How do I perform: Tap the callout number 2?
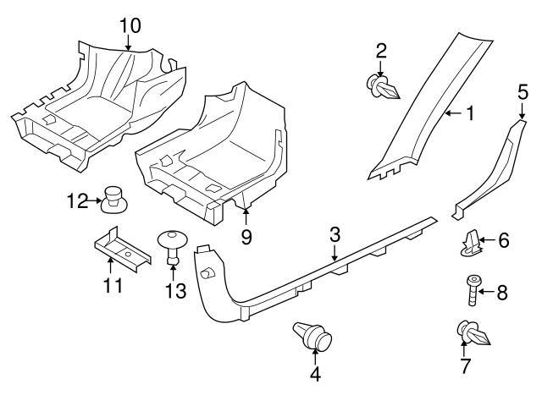tap(381, 52)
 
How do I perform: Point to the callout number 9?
tap(246, 237)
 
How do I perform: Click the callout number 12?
tap(77, 200)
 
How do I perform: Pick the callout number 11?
tap(112, 285)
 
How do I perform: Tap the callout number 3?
tap(335, 233)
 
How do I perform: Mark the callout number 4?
tap(315, 374)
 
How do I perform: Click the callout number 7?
tap(465, 366)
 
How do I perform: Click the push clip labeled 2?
tap(384, 85)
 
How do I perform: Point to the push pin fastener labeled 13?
tap(173, 245)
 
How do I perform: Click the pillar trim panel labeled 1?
tap(423, 110)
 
